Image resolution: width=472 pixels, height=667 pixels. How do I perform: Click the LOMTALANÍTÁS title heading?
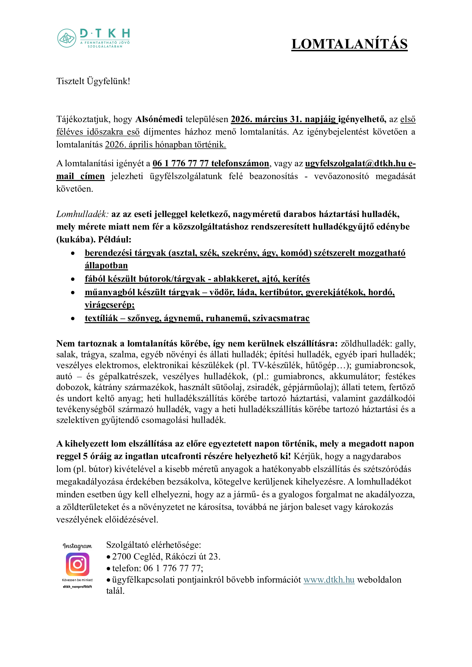(349, 44)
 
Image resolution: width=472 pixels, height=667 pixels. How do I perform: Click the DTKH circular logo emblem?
(67, 38)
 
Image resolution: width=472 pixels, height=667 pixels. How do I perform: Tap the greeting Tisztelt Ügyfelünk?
(93, 81)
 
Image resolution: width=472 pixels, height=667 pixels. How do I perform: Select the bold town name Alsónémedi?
(159, 119)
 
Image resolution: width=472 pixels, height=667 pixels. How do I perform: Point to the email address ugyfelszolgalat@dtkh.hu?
(355, 163)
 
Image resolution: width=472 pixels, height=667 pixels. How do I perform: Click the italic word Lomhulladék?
(82, 214)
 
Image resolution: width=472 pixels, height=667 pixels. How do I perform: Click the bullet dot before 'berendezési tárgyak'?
(73, 253)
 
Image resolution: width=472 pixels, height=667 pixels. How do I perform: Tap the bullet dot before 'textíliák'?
(73, 319)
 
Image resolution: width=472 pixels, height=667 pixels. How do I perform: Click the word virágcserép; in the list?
(110, 305)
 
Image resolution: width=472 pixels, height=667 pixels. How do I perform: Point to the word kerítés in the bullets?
(296, 279)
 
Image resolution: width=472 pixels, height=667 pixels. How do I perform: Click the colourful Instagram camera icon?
(77, 564)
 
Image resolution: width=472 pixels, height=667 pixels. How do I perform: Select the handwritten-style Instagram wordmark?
(77, 546)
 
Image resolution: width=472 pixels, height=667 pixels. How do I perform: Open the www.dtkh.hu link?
(329, 580)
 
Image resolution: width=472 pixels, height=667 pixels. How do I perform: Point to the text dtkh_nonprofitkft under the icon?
(77, 587)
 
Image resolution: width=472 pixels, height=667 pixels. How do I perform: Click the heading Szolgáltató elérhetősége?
(154, 545)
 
